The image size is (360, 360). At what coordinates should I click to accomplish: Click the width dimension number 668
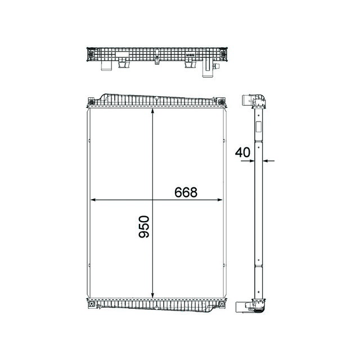tap(186, 192)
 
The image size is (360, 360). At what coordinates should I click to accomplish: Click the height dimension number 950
tap(145, 226)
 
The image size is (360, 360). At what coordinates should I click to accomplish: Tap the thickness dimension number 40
tap(243, 152)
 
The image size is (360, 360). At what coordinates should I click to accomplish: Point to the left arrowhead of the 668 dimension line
tap(93, 200)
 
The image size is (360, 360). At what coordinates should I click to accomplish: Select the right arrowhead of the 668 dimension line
tap(219, 200)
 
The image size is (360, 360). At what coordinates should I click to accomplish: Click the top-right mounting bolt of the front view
tap(224, 102)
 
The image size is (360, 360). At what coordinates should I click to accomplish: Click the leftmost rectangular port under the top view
tap(106, 67)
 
